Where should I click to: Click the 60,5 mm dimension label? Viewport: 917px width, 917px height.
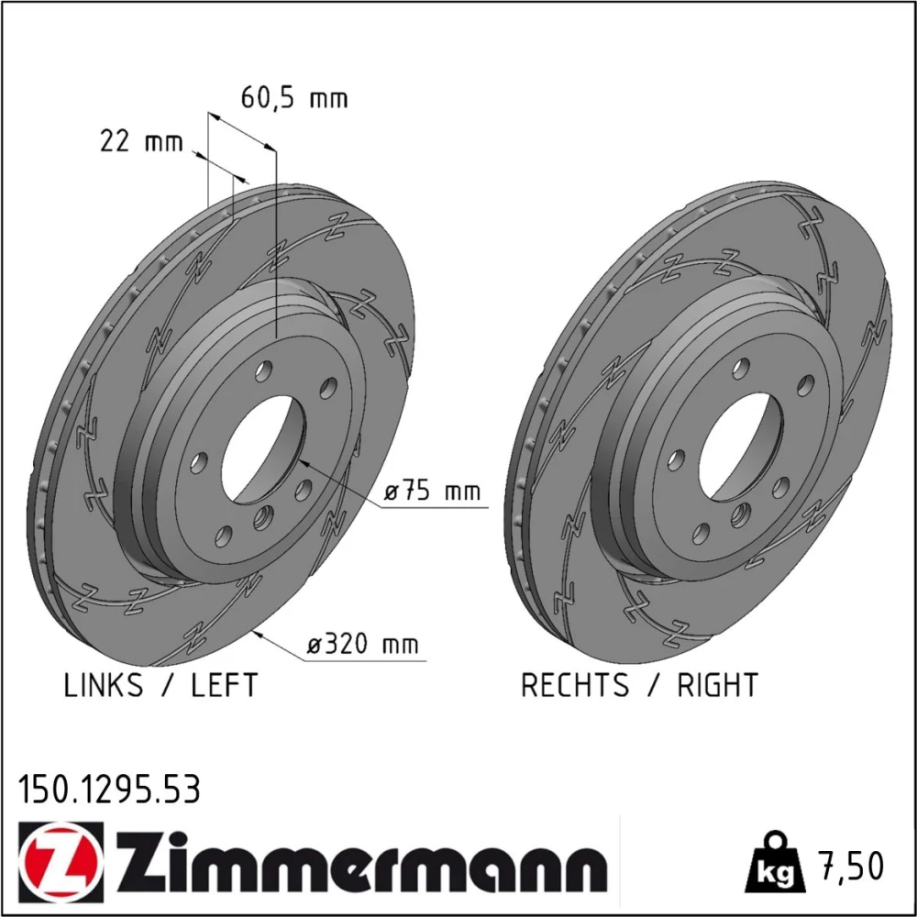294,98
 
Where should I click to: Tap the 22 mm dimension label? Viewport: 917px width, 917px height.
141,141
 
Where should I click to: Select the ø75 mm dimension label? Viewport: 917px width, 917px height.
432,492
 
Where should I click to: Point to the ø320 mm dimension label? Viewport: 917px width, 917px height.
363,644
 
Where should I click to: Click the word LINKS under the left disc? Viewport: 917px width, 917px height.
103,685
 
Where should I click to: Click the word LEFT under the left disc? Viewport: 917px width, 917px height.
225,685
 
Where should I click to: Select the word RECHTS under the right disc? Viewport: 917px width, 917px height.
575,685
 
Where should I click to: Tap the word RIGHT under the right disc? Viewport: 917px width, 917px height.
718,685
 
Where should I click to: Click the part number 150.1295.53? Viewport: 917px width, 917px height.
109,790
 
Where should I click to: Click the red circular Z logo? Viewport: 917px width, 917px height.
61,863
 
